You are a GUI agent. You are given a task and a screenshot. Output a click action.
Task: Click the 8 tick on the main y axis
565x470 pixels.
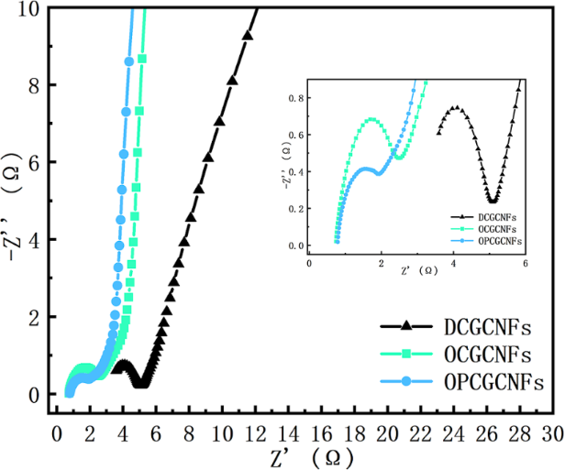32,85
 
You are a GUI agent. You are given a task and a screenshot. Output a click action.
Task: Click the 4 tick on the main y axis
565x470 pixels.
32,240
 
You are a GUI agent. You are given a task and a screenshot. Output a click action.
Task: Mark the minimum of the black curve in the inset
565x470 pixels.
493,201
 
